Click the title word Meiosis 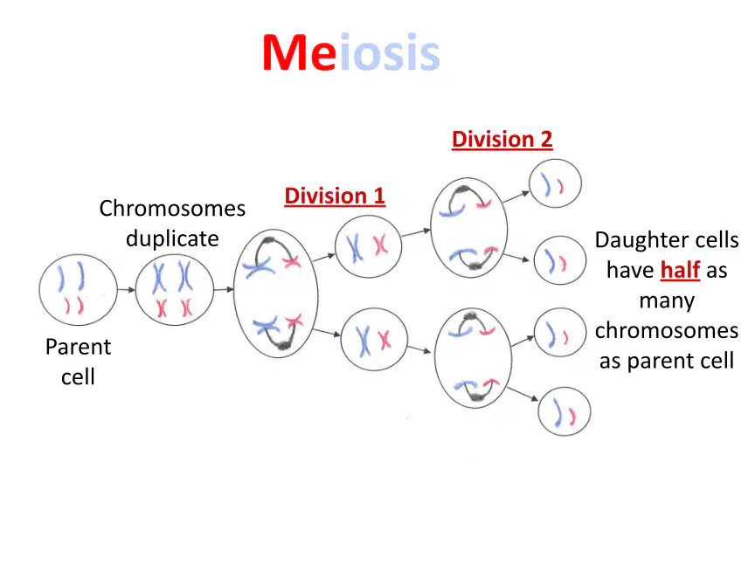coord(351,52)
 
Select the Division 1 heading coord(335,196)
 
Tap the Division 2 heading coord(502,140)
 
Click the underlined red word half coord(680,270)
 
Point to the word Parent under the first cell coord(78,347)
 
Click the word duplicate coord(172,238)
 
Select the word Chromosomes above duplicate coord(172,209)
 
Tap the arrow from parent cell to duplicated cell coord(127,290)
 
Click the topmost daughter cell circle coord(555,160)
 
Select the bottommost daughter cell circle coord(565,388)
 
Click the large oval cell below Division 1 coord(234,293)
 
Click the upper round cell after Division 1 coord(369,216)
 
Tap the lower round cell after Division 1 coord(374,309)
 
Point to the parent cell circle coord(78,255)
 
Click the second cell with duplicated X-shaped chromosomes coord(174,255)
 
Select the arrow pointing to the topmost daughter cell coord(516,197)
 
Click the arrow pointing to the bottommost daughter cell coord(523,394)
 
